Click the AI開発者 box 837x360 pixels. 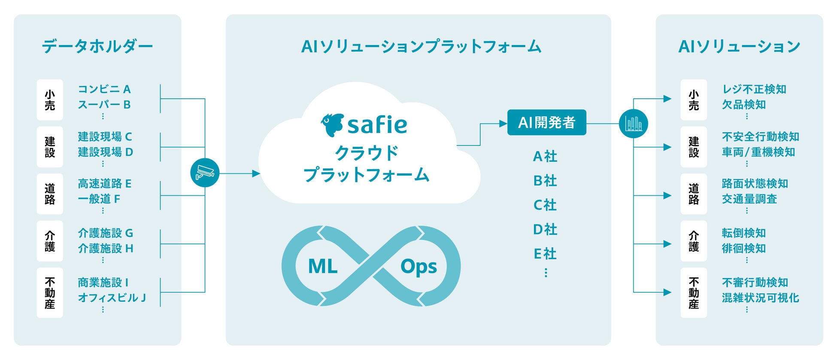point(546,123)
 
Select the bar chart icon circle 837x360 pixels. point(633,124)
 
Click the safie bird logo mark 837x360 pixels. point(332,124)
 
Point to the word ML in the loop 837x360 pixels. point(323,266)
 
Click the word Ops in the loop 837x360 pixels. point(418,267)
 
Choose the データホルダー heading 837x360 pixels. point(97,46)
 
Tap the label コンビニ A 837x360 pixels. point(104,89)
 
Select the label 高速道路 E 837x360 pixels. point(105,184)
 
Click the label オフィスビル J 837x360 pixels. point(112,298)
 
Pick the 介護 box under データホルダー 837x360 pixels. point(50,241)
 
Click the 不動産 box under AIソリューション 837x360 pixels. point(694,293)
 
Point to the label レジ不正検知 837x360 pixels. point(754,89)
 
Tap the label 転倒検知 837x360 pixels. point(744,233)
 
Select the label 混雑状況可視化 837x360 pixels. point(761,298)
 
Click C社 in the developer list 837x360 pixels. point(545,205)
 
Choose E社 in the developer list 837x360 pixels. point(545,254)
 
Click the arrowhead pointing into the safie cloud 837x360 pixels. point(256,173)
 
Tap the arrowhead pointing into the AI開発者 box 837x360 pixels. point(503,124)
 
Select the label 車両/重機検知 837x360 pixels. point(758,152)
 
